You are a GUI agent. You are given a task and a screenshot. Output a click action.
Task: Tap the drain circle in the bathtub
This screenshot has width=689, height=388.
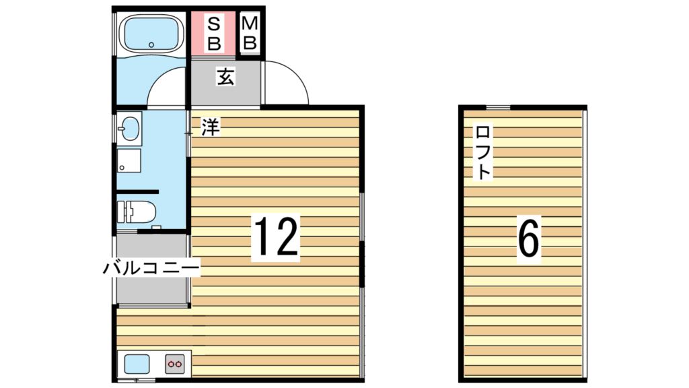tap(151, 45)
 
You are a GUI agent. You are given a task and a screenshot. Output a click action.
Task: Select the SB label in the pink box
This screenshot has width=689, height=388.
tap(213, 33)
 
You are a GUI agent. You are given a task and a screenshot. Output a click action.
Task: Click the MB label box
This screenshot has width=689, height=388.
tap(250, 33)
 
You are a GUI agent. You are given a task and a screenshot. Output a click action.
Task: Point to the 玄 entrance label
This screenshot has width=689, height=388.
tap(225, 77)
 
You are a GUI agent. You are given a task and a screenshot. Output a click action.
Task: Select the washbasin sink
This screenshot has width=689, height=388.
tap(129, 127)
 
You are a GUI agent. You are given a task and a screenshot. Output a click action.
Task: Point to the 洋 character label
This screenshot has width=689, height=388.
tap(211, 127)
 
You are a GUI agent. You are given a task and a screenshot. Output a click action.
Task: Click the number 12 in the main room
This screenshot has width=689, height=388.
tap(275, 237)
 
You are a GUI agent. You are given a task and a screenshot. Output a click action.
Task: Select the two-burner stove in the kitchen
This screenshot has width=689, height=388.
tap(175, 364)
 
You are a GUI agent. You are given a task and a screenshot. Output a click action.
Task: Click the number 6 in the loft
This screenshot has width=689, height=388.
tap(529, 240)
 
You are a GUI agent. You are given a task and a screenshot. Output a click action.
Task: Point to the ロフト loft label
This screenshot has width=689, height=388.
tap(482, 152)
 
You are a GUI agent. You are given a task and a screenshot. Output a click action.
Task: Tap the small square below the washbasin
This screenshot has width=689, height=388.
tap(129, 160)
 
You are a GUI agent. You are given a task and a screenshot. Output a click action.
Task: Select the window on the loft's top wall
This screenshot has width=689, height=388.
tap(499, 106)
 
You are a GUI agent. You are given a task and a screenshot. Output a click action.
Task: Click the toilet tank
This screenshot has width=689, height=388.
tap(121, 212)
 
